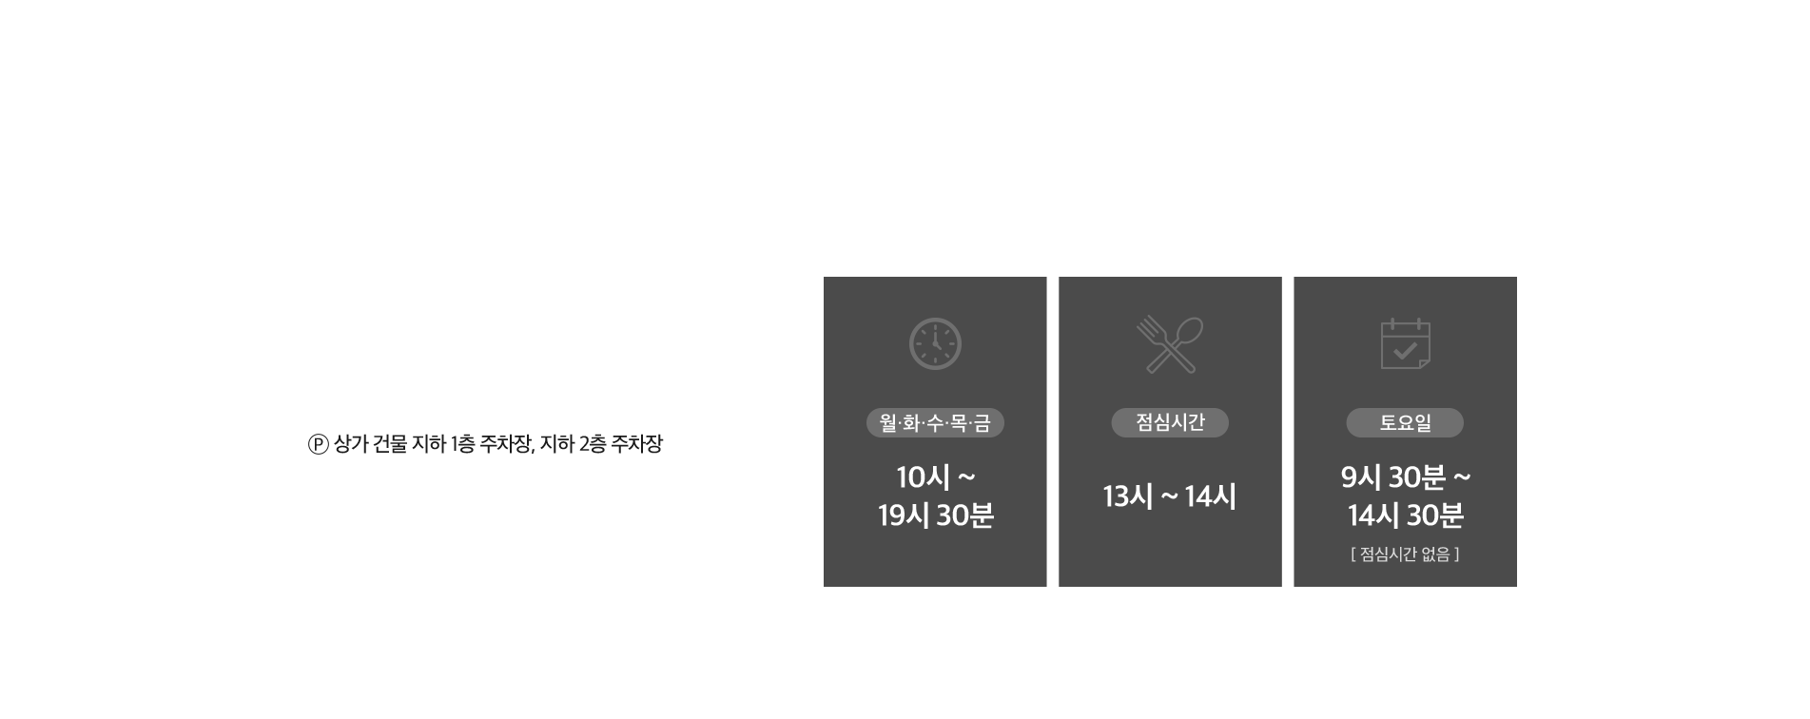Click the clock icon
(935, 343)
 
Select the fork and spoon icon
(1169, 343)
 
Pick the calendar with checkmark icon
(1405, 343)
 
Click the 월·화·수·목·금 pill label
(935, 423)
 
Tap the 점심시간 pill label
(1170, 422)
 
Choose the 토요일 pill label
(1405, 423)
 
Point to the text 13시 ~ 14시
(1170, 496)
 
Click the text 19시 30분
(935, 515)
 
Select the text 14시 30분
(1405, 515)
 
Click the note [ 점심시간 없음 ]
(1405, 554)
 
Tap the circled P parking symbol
(319, 444)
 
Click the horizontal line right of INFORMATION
(1100, 203)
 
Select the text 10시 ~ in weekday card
(935, 476)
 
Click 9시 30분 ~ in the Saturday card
(1405, 476)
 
